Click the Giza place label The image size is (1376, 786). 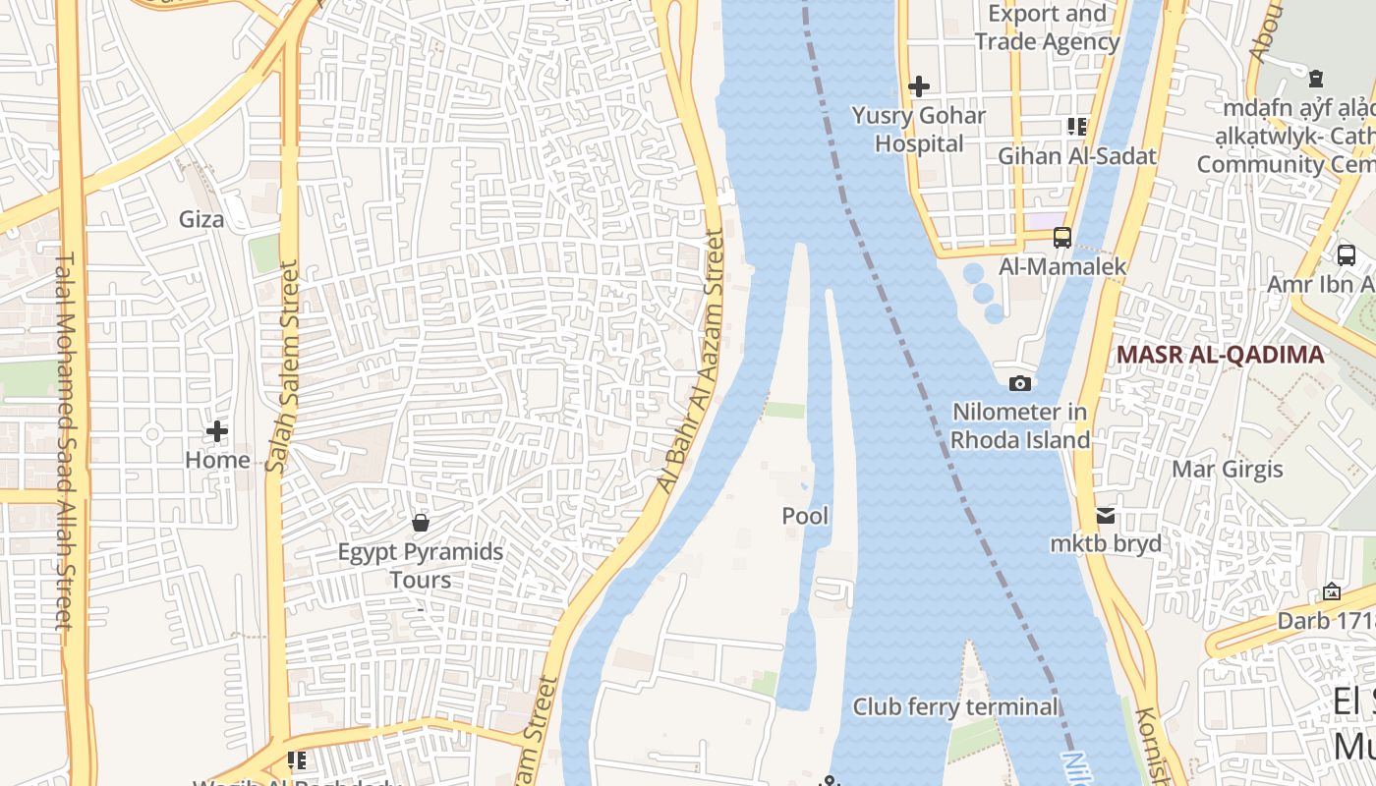201,219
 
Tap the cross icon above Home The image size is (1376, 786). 217,431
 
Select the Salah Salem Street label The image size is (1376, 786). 283,366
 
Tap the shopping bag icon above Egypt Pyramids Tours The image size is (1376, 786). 421,523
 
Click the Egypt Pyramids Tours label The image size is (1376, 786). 421,566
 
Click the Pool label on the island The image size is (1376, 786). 805,516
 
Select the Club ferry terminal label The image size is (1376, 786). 955,706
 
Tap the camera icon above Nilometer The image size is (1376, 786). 1020,383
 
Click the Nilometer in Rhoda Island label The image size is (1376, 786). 1020,425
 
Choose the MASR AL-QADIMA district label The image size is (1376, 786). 1221,355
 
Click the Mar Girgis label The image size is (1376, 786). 1228,469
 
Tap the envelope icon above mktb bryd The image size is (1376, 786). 1106,516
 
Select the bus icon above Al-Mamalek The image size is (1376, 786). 1062,237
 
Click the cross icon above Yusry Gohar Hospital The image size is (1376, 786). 919,86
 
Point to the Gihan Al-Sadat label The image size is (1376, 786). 1077,155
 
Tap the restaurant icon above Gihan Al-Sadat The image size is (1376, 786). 1077,126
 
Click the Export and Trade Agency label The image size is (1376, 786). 1047,28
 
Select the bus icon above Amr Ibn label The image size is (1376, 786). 1347,255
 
